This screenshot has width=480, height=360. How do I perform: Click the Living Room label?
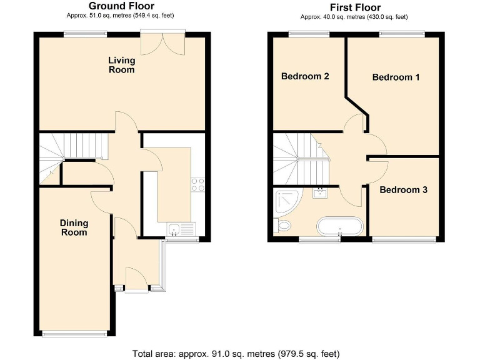point(121,65)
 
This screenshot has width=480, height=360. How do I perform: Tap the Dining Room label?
point(74,227)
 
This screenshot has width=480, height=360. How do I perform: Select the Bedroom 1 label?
point(396,77)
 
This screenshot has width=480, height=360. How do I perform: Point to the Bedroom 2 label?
point(305,77)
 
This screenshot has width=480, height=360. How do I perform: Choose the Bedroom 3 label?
point(403,189)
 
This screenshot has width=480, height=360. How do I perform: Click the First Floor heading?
point(355,7)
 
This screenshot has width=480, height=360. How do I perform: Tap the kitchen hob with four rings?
point(197,184)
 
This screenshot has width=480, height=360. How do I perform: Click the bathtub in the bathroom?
point(339,226)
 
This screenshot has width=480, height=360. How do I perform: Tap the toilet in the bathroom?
point(282,225)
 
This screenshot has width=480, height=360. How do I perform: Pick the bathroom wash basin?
point(322,192)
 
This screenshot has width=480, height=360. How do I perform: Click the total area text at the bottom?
point(236,354)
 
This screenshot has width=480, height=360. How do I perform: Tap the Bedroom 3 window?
point(403,239)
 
